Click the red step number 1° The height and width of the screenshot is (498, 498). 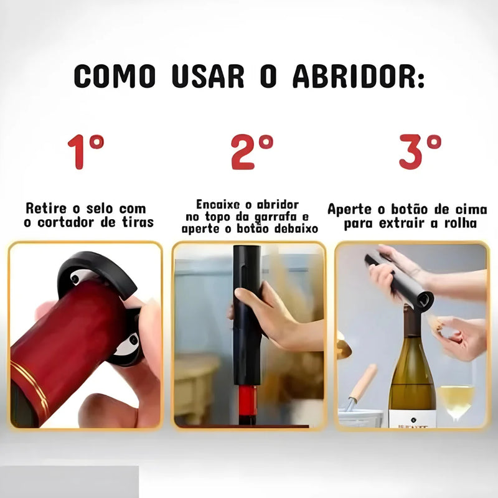86,151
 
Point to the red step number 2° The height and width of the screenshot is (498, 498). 252,151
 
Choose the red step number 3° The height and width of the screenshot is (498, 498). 420,151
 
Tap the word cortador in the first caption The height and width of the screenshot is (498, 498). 77,222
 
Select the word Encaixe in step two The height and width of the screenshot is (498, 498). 216,205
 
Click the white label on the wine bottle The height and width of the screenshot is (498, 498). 411,418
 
